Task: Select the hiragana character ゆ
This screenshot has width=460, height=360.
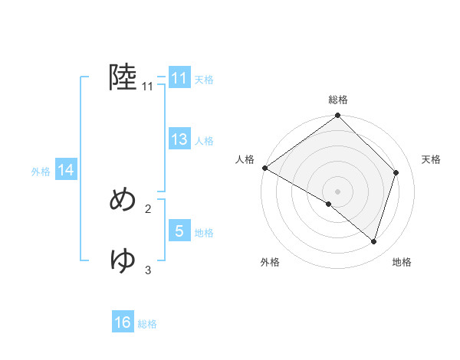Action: pyautogui.click(x=123, y=260)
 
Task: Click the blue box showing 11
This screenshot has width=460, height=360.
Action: pyautogui.click(x=179, y=78)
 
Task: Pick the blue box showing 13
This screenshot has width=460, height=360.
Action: pyautogui.click(x=179, y=139)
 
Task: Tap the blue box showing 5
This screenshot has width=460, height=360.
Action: pyautogui.click(x=179, y=231)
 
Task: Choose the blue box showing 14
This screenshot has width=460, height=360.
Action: pyautogui.click(x=66, y=171)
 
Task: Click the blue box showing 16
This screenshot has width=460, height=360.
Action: pyautogui.click(x=123, y=322)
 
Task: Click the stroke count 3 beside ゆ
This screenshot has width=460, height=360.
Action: pyautogui.click(x=148, y=270)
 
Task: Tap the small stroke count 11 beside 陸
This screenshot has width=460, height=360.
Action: pyautogui.click(x=147, y=87)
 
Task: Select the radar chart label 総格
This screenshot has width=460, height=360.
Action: pyautogui.click(x=338, y=100)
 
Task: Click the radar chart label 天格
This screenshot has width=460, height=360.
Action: pyautogui.click(x=431, y=159)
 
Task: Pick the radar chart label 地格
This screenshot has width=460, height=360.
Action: pyautogui.click(x=402, y=262)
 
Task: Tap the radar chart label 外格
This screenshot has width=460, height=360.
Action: pyautogui.click(x=270, y=262)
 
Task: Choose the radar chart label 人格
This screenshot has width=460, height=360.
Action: pyautogui.click(x=245, y=159)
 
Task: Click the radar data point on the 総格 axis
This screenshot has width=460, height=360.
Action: pyautogui.click(x=338, y=116)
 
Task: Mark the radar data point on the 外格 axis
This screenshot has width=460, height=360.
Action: pyautogui.click(x=329, y=204)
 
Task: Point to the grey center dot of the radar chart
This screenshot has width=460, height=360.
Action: pyautogui.click(x=338, y=191)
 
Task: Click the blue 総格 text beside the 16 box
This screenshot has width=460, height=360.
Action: pyautogui.click(x=147, y=324)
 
